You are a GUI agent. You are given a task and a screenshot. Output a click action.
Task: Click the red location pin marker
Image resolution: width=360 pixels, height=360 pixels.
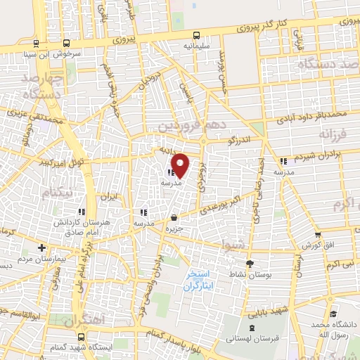[180, 165]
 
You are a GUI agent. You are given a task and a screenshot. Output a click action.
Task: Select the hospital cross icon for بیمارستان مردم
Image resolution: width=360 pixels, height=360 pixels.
[42, 247]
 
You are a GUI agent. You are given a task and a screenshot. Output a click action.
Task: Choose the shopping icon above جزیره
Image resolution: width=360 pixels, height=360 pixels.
[174, 217]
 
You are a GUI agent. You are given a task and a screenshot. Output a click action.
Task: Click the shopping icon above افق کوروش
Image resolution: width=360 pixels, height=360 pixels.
[318, 235]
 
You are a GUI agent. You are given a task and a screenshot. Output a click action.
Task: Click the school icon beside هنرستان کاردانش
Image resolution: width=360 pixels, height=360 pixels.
[82, 211]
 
